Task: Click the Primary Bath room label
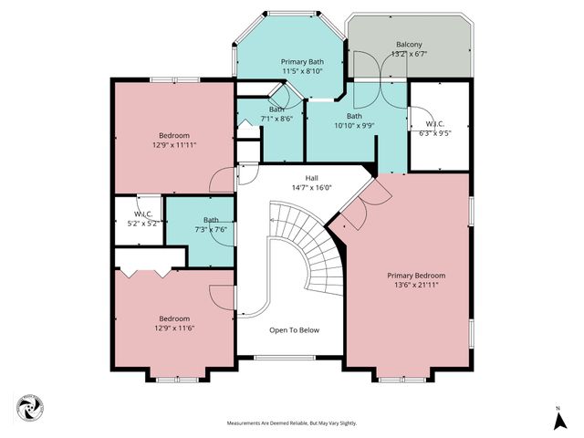[301, 61]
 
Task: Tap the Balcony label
[408, 45]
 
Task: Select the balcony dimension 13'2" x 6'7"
[408, 54]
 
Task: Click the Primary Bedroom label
[416, 276]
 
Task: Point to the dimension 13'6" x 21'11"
[416, 285]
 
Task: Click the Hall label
[311, 179]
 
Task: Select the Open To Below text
[294, 330]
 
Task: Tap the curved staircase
[310, 251]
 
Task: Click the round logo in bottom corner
[29, 408]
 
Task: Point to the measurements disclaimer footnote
[292, 423]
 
